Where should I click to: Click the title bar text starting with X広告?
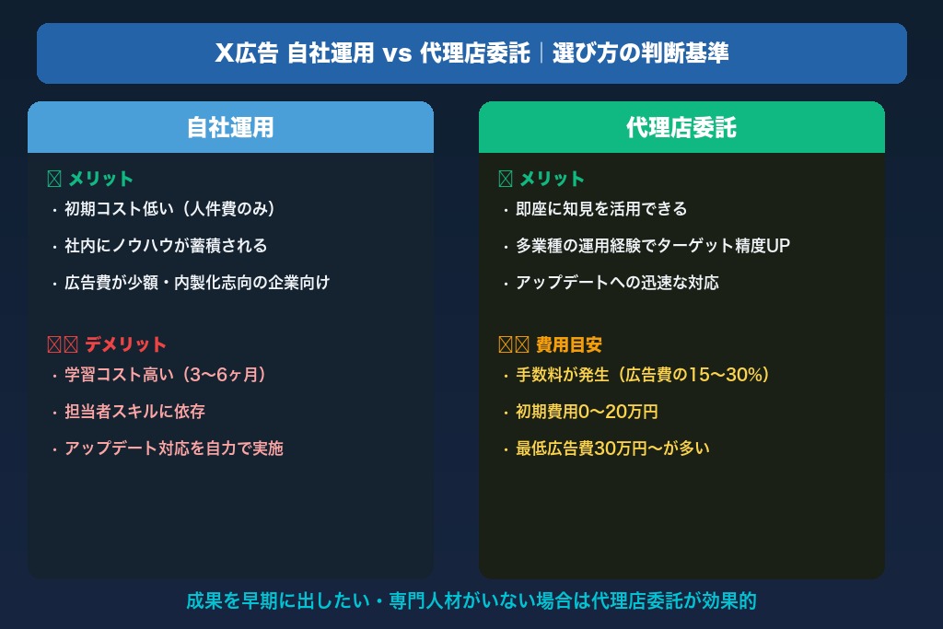click(471, 53)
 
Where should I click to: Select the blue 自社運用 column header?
click(230, 127)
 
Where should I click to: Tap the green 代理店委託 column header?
click(681, 127)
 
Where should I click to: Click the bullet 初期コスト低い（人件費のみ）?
click(170, 209)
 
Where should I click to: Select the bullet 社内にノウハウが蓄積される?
click(166, 246)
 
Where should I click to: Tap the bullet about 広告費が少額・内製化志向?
click(197, 283)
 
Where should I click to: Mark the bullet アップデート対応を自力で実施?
click(174, 448)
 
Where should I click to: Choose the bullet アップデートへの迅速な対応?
click(617, 283)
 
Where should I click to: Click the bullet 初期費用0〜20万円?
click(587, 412)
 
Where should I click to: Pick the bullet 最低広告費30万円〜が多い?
click(612, 448)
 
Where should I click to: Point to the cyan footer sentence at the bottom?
click(471, 601)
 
